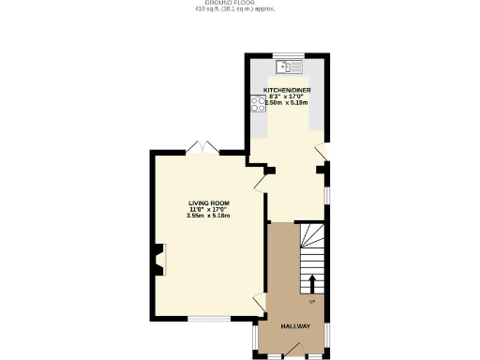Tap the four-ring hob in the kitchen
[x=257, y=105]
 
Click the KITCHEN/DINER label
[x=287, y=91]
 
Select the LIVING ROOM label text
[x=208, y=203]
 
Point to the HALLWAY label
[x=296, y=326]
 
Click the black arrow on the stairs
[x=311, y=282]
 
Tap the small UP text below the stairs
[x=311, y=301]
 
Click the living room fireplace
[x=157, y=259]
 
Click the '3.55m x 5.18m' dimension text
[x=208, y=216]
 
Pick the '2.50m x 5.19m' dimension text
[x=287, y=103]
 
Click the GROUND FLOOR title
[x=239, y=4]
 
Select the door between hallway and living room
[x=260, y=303]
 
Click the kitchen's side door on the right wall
[x=322, y=151]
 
